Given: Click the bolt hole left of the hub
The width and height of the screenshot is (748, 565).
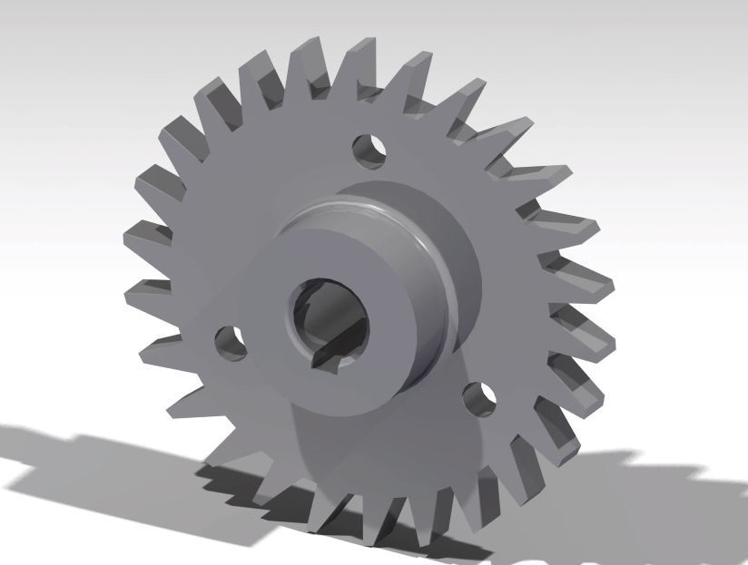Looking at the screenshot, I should click(230, 342).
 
